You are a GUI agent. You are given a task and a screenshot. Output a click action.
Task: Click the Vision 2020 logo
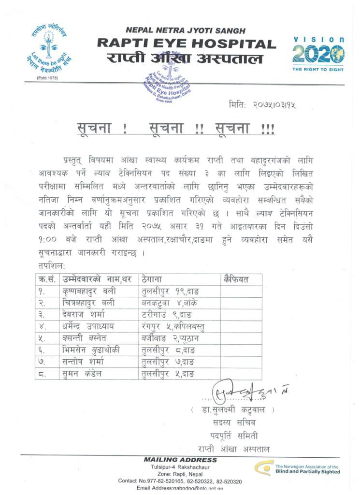(x=318, y=54)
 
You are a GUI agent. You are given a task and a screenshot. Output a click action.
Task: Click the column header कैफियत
(x=236, y=279)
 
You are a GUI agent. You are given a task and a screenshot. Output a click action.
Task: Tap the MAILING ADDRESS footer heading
(x=180, y=459)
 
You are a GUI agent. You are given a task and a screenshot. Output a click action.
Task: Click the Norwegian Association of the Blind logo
(x=299, y=468)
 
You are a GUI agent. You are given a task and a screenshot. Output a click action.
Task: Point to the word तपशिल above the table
(x=50, y=266)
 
